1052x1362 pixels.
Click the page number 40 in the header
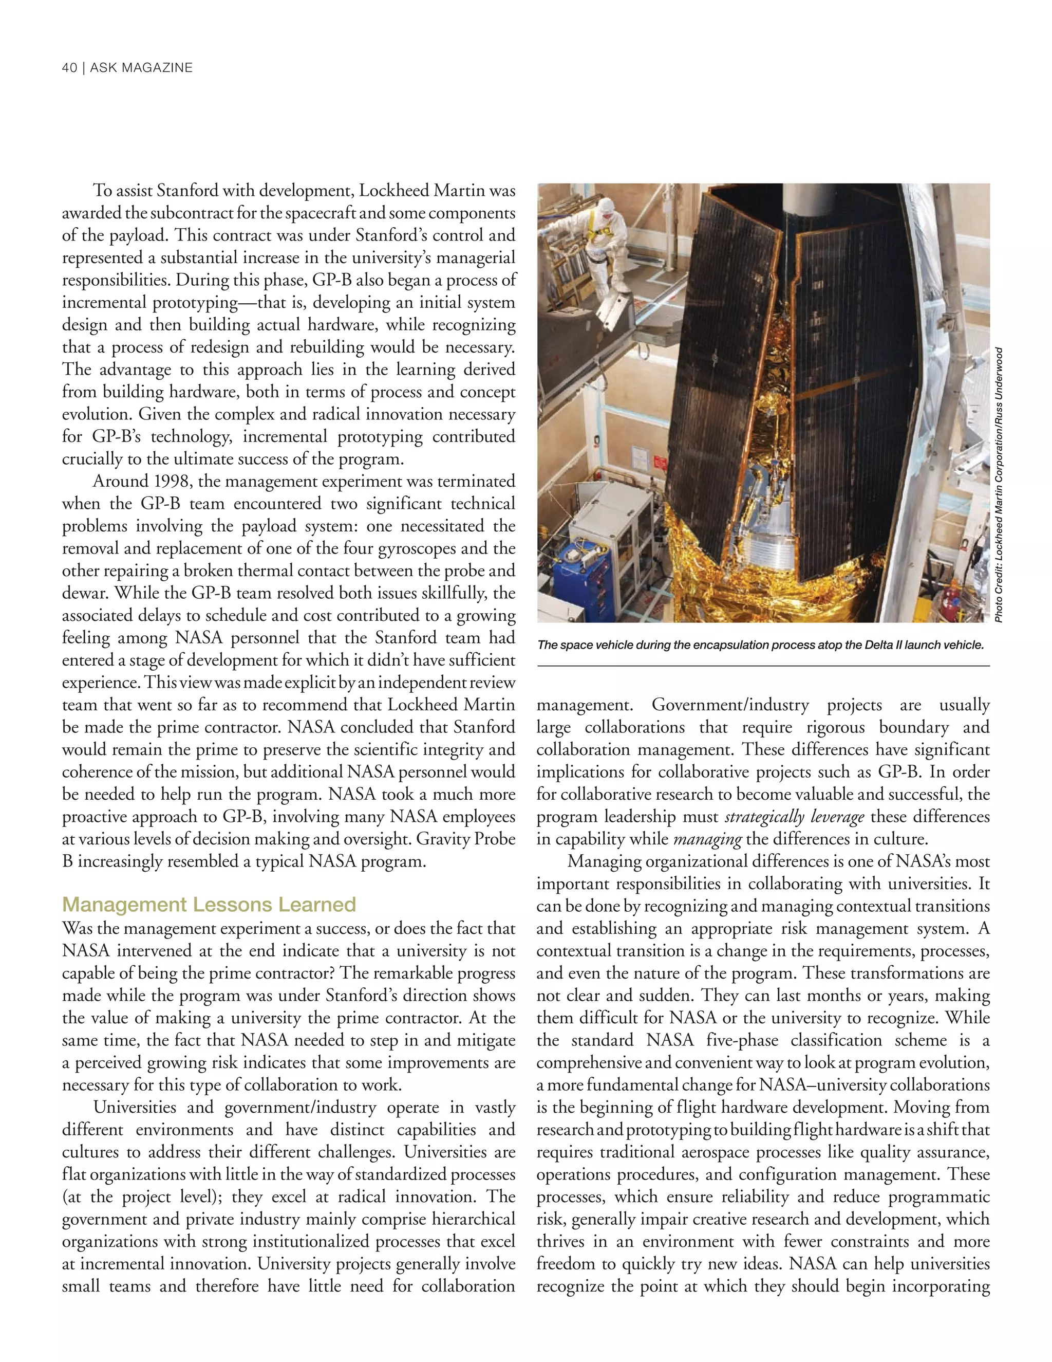[x=69, y=68]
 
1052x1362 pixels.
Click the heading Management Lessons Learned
[x=209, y=904]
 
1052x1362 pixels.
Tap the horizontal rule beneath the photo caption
[x=763, y=666]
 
